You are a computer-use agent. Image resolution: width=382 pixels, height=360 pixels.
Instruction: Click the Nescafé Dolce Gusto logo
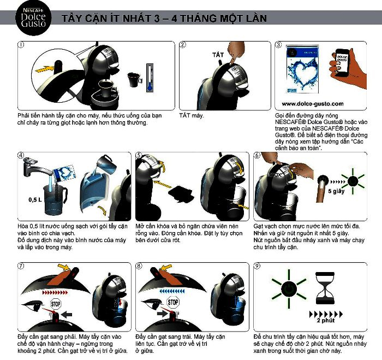33,18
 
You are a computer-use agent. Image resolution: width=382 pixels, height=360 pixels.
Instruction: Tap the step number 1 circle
21,45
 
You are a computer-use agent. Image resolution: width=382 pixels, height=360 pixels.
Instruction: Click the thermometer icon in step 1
150,78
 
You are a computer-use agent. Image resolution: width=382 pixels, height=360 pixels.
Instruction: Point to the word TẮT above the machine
218,55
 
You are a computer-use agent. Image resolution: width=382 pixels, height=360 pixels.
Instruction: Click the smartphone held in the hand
342,63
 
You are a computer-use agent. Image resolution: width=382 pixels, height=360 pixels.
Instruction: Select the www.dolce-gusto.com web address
313,104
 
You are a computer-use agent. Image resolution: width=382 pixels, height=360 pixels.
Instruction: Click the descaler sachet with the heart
302,69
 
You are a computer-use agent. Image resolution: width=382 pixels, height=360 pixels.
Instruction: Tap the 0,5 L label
35,200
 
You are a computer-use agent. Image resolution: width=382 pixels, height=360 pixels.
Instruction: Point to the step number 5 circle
139,155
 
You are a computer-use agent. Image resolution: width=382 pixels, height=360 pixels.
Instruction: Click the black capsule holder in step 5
181,194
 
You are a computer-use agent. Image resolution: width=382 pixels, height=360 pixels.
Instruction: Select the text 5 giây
336,191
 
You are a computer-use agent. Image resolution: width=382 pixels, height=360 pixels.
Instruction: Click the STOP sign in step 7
56,304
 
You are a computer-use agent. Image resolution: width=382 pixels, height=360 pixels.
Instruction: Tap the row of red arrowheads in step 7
55,292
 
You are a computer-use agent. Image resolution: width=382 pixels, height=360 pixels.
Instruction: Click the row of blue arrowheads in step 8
172,291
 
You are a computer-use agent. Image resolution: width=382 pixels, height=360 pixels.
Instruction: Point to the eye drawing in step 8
152,304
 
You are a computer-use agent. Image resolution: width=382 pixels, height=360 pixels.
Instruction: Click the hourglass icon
325,288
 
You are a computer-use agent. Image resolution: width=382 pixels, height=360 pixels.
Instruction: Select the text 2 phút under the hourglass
326,320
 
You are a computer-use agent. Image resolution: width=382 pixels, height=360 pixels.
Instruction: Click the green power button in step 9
289,290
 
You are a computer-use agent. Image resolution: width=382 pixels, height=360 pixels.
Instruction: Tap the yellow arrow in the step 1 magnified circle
45,69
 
